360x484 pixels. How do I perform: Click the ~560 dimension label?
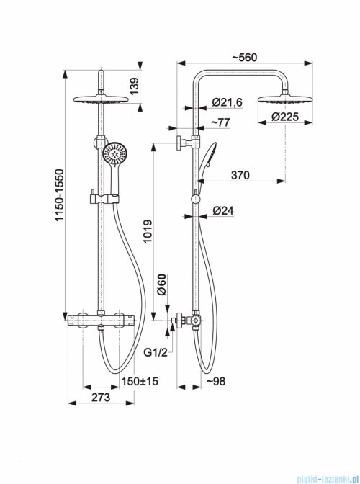point(244,58)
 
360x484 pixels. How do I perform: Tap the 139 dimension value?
point(135,86)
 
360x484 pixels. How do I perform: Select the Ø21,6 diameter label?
point(228,102)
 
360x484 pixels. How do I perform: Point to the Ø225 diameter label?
point(285,117)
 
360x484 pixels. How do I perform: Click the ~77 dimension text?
point(220,122)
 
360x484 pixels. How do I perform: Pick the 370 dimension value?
point(240,175)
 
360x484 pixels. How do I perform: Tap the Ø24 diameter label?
point(223,211)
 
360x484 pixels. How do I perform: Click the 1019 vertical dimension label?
point(148,231)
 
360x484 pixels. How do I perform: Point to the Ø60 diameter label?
point(161,284)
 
